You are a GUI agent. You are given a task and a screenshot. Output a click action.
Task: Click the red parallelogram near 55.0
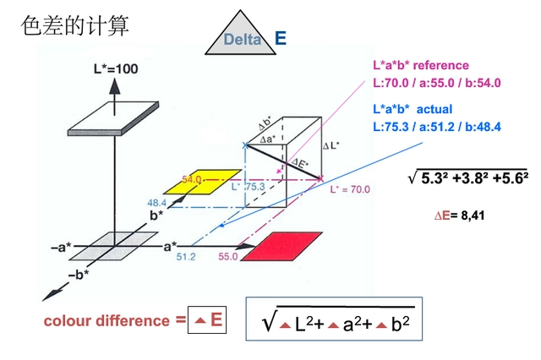point(283,249)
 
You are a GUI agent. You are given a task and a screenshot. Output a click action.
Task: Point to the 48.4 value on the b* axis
point(156,203)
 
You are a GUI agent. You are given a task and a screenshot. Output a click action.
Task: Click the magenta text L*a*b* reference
point(421,65)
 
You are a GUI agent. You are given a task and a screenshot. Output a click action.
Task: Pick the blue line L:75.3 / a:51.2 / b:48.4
point(437,127)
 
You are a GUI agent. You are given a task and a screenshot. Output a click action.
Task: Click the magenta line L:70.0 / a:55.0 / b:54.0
point(437,83)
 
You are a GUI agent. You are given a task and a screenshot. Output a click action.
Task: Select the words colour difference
point(107,320)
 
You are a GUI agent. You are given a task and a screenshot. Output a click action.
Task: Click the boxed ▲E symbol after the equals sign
point(208,319)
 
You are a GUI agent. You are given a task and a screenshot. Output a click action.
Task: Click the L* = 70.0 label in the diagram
point(350,190)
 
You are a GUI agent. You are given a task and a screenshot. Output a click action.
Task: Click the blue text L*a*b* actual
point(413,109)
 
